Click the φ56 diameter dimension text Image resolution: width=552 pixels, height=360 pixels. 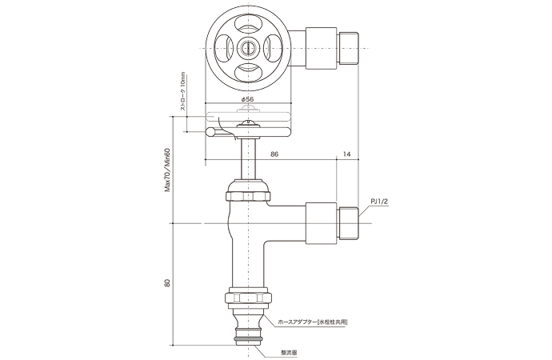coord(249,99)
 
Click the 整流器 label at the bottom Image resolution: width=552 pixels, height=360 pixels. coord(289,350)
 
